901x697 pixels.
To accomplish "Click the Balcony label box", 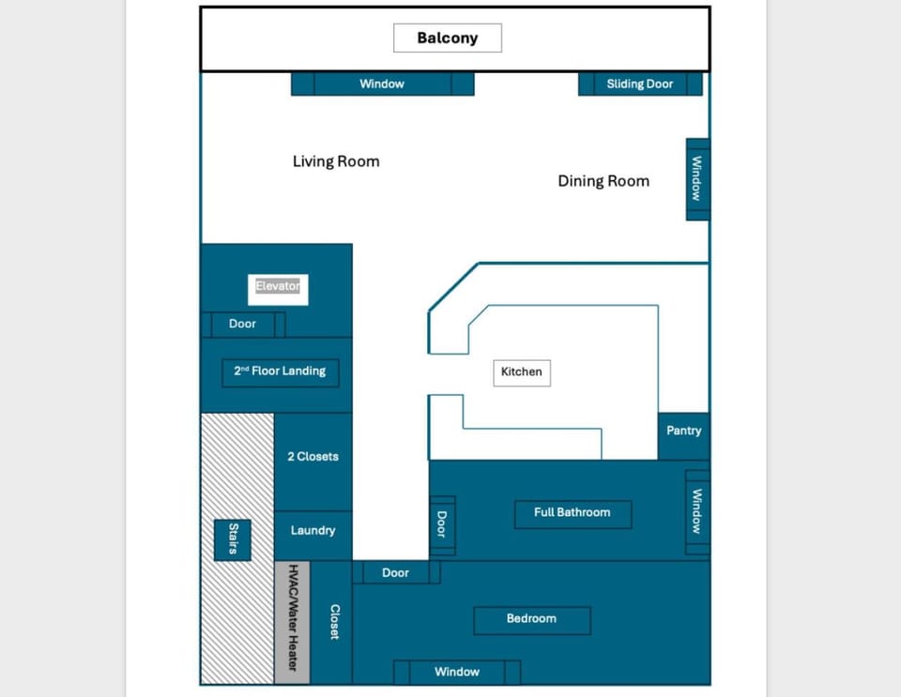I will point(447,38).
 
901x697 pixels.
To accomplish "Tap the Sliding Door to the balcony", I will point(640,84).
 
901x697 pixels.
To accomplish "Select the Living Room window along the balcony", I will point(382,84).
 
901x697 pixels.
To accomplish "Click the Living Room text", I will point(336,161).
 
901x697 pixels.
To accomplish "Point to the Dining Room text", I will point(603,181).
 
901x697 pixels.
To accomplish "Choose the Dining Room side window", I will point(697,178).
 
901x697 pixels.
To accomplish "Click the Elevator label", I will point(278,286).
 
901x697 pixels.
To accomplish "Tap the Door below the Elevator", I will point(242,325).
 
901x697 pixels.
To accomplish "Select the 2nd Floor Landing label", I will point(280,371).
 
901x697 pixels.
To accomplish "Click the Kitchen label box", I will point(522,372).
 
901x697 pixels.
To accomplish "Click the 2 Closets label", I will point(313,457).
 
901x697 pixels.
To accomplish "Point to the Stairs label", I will point(233,539).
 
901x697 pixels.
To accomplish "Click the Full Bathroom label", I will point(573,513).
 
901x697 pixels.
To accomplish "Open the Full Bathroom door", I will point(442,524).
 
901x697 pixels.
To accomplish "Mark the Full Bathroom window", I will point(697,511).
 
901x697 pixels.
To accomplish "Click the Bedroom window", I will point(457,672).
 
